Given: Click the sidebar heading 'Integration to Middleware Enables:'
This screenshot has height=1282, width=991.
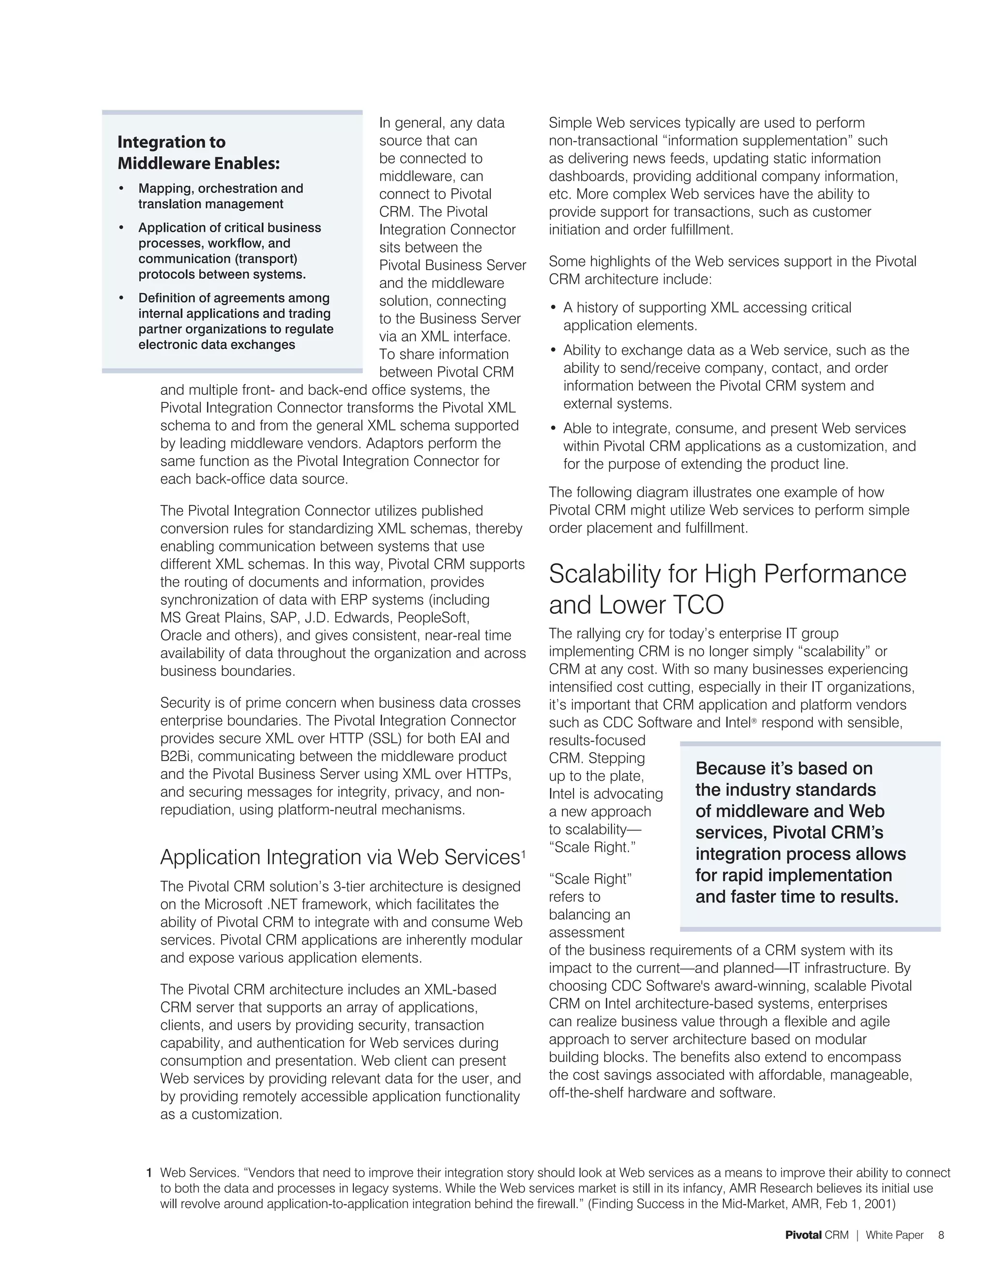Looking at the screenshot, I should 198,152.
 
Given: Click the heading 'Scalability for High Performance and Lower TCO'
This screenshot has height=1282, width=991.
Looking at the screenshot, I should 727,589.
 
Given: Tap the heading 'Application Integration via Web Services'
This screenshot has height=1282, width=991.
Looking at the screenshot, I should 340,858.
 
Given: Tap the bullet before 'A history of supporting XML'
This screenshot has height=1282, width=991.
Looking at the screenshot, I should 553,308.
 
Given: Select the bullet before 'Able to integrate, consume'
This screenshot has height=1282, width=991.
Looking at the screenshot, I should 553,429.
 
